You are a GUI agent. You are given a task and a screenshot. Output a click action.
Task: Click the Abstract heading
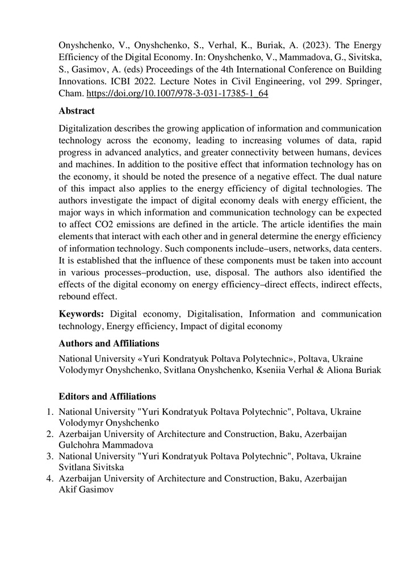pos(77,111)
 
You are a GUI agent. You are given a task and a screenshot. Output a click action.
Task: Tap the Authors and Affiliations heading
pos(109,343)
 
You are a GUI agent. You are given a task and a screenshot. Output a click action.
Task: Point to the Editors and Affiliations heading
pos(107,396)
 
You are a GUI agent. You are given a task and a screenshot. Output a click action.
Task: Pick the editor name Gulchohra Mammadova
pos(106,445)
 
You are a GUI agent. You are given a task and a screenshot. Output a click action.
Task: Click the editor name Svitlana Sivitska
pos(95,467)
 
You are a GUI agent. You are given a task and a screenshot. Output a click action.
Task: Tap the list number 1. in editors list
pos(50,411)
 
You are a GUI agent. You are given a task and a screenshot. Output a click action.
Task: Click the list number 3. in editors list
pos(50,456)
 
